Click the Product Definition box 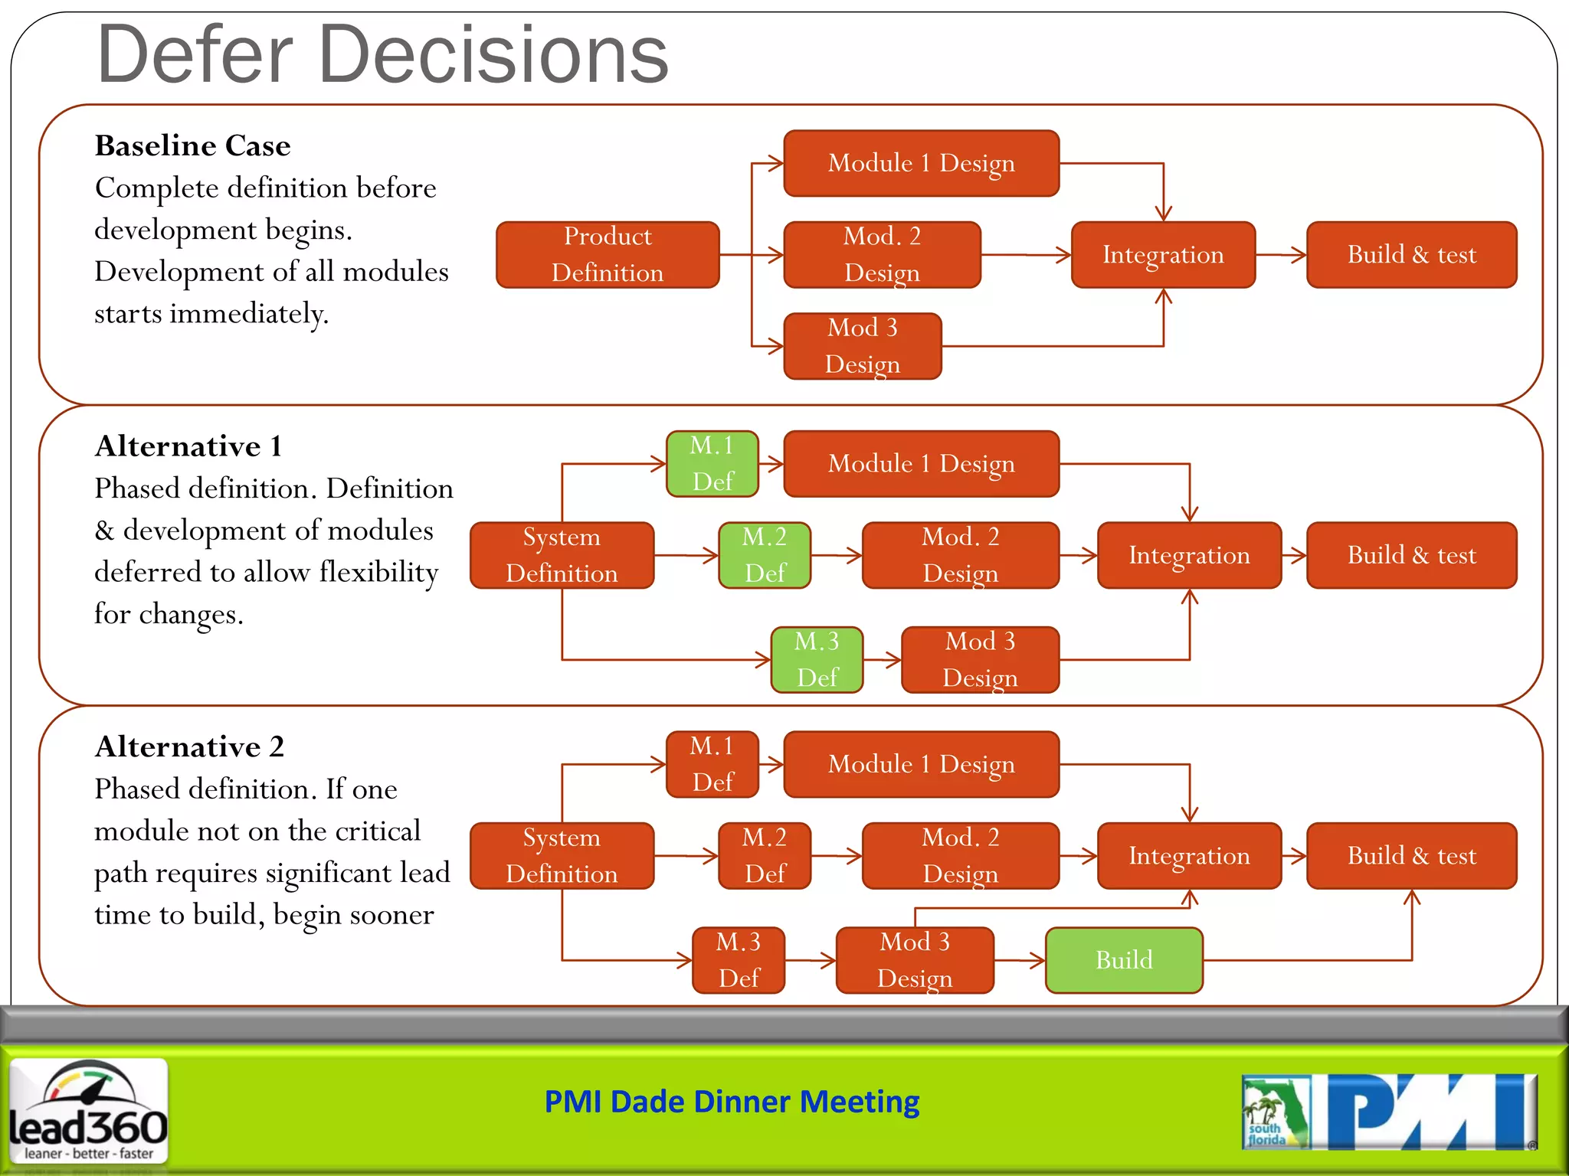pyautogui.click(x=608, y=255)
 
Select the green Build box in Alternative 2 pyautogui.click(x=1124, y=960)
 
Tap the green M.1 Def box pyautogui.click(x=712, y=464)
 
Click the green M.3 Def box pyautogui.click(x=817, y=659)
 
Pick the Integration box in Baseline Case pyautogui.click(x=1163, y=255)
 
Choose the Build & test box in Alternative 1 pyautogui.click(x=1411, y=555)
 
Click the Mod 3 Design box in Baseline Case pyautogui.click(x=863, y=346)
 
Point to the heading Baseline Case pyautogui.click(x=192, y=145)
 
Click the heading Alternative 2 pyautogui.click(x=189, y=746)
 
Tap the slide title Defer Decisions pyautogui.click(x=383, y=55)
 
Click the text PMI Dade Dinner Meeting pyautogui.click(x=732, y=1102)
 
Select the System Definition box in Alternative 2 pyautogui.click(x=562, y=856)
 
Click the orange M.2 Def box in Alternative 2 pyautogui.click(x=765, y=856)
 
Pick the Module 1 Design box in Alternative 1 pyautogui.click(x=921, y=464)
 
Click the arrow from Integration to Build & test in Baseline pyautogui.click(x=1281, y=255)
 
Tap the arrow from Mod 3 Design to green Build pyautogui.click(x=1020, y=960)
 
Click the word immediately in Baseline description pyautogui.click(x=249, y=314)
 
